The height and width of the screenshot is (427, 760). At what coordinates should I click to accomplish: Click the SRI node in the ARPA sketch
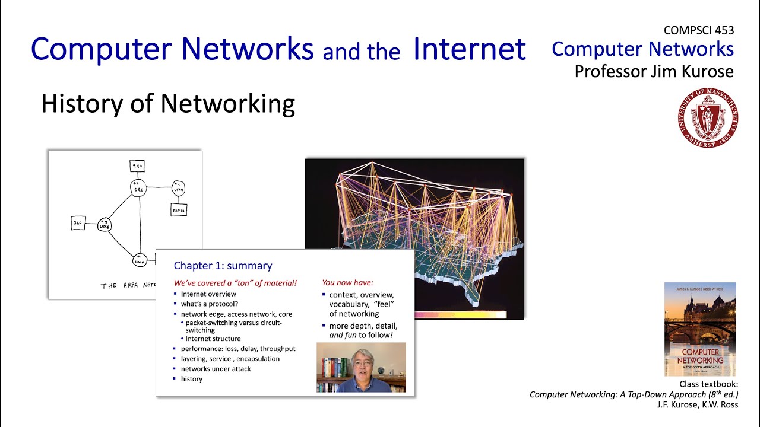click(x=138, y=188)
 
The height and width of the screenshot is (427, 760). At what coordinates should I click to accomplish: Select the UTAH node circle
click(x=179, y=188)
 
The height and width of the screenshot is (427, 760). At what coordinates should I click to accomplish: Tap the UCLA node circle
click(x=140, y=259)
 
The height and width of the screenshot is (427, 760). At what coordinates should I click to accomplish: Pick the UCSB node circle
click(x=104, y=224)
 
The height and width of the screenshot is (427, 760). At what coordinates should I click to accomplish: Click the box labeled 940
click(x=138, y=166)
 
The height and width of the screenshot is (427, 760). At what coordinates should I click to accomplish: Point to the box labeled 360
click(x=78, y=224)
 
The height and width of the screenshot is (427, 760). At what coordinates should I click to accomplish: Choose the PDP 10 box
click(x=179, y=209)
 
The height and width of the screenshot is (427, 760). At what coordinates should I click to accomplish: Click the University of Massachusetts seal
click(x=707, y=118)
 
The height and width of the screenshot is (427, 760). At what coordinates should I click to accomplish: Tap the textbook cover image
click(x=700, y=329)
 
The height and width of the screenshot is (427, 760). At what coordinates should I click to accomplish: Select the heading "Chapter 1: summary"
click(x=223, y=266)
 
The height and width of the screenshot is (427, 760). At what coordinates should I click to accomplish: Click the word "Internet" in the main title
click(x=470, y=49)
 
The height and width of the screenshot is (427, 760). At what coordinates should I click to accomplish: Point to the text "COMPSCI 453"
click(x=699, y=30)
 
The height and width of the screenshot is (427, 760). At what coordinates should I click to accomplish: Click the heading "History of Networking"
click(x=168, y=104)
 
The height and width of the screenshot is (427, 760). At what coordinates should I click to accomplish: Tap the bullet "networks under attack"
click(x=216, y=369)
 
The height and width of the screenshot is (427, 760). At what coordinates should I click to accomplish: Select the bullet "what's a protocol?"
click(x=210, y=304)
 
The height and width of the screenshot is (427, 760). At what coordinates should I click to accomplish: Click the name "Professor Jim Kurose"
click(x=654, y=72)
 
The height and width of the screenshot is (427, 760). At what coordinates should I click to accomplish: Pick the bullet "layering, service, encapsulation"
click(x=230, y=359)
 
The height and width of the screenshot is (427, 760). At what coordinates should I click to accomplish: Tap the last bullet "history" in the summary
click(x=192, y=379)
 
